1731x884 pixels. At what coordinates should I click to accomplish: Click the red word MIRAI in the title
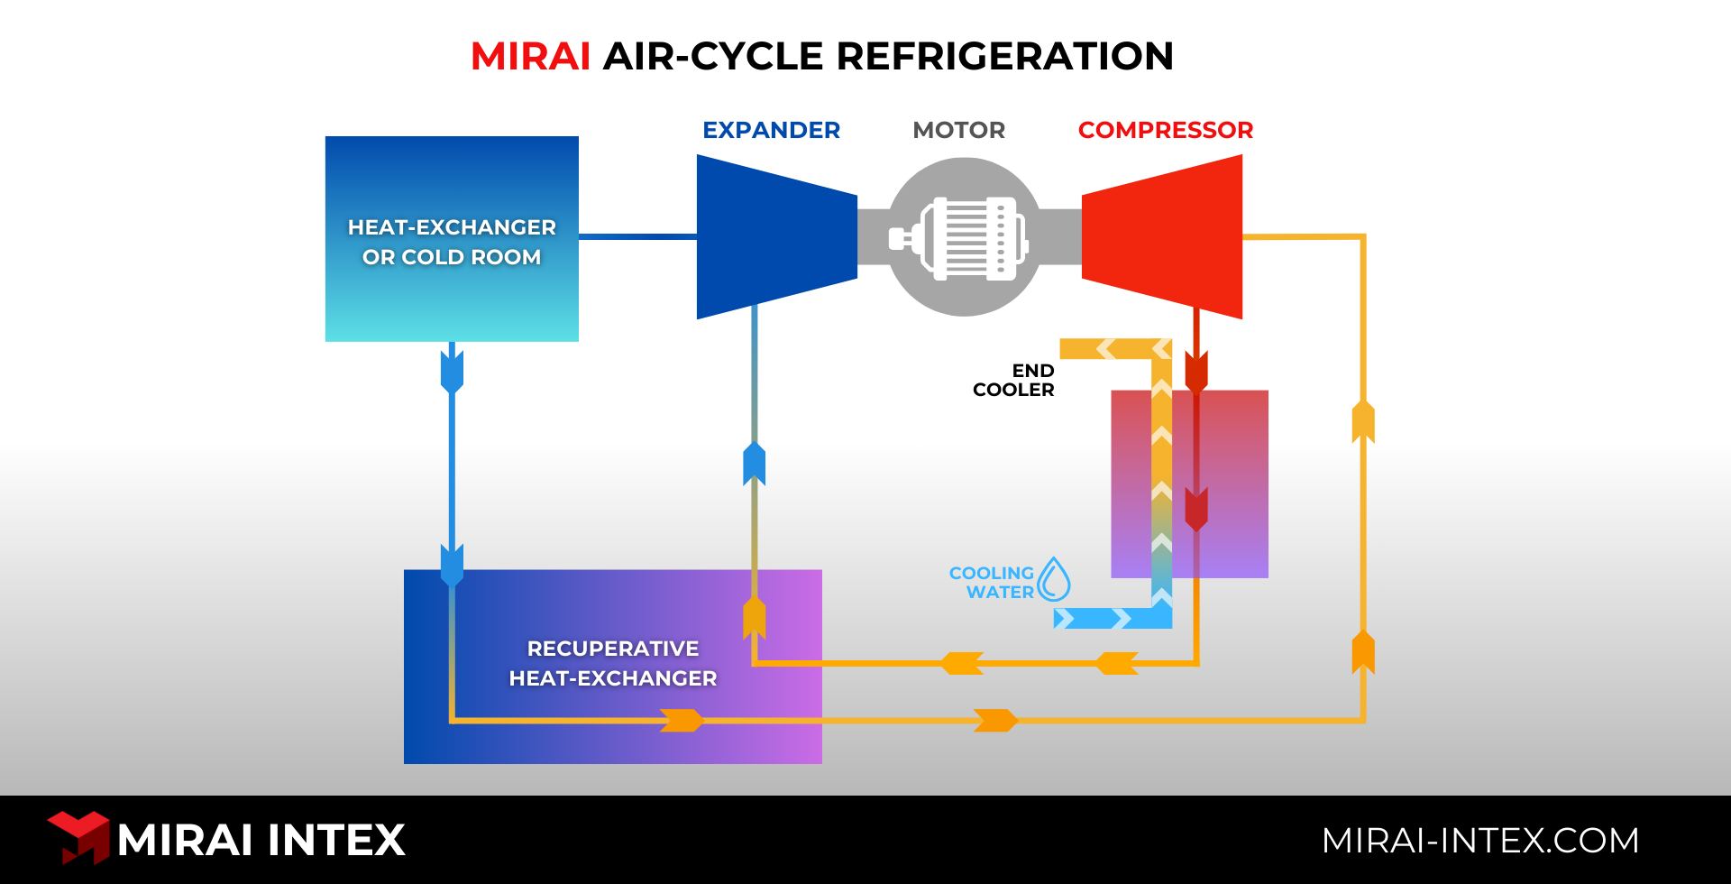click(530, 57)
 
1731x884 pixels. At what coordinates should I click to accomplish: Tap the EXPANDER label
click(771, 131)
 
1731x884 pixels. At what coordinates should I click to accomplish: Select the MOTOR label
click(958, 131)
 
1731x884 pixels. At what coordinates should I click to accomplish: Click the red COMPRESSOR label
click(1165, 131)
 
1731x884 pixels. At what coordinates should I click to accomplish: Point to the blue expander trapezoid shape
click(775, 237)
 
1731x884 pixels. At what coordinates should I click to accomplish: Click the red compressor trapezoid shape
click(1163, 237)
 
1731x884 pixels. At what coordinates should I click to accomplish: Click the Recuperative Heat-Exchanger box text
click(613, 663)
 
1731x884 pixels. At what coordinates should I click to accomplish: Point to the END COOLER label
click(1014, 381)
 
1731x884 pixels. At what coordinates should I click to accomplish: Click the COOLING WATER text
click(992, 583)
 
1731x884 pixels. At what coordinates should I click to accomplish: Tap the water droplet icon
click(1053, 580)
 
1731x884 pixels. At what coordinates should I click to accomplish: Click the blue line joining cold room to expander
click(637, 236)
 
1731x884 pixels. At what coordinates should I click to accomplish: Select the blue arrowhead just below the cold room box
click(452, 371)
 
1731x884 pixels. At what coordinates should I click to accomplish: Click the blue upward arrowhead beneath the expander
click(754, 464)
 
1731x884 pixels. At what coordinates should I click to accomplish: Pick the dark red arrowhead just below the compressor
click(1196, 371)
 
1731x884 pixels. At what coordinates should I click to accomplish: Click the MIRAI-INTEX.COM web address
click(1479, 841)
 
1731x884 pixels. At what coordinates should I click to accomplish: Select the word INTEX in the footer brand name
click(336, 841)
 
